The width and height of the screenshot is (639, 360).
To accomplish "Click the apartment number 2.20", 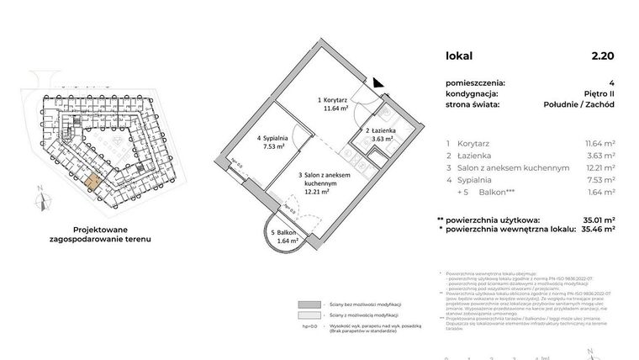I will point(602,56).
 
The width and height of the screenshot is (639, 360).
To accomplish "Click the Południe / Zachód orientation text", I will point(578,105).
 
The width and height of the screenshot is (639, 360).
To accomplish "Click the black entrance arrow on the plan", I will point(378,82).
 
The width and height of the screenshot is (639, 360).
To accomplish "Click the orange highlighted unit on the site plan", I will point(90,181).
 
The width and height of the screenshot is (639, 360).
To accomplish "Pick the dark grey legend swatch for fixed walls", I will point(309,305).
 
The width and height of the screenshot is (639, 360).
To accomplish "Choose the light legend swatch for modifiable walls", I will point(309,317).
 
